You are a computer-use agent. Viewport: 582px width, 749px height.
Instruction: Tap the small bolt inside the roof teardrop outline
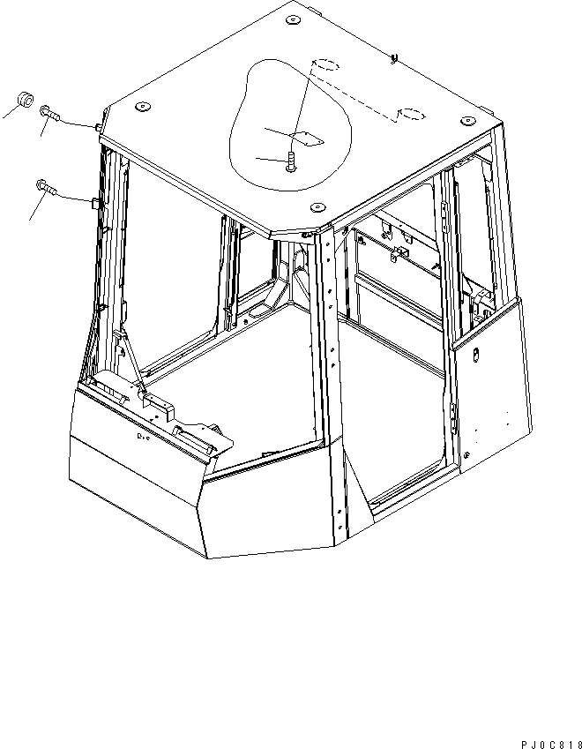tap(291, 161)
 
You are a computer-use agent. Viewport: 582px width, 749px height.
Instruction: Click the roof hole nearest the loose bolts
tap(140, 108)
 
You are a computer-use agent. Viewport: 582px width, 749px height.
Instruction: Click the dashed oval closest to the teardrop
tap(326, 64)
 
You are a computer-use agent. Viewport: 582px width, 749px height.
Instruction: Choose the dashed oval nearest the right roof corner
tap(412, 113)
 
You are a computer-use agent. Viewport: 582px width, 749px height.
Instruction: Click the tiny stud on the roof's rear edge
tap(393, 59)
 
